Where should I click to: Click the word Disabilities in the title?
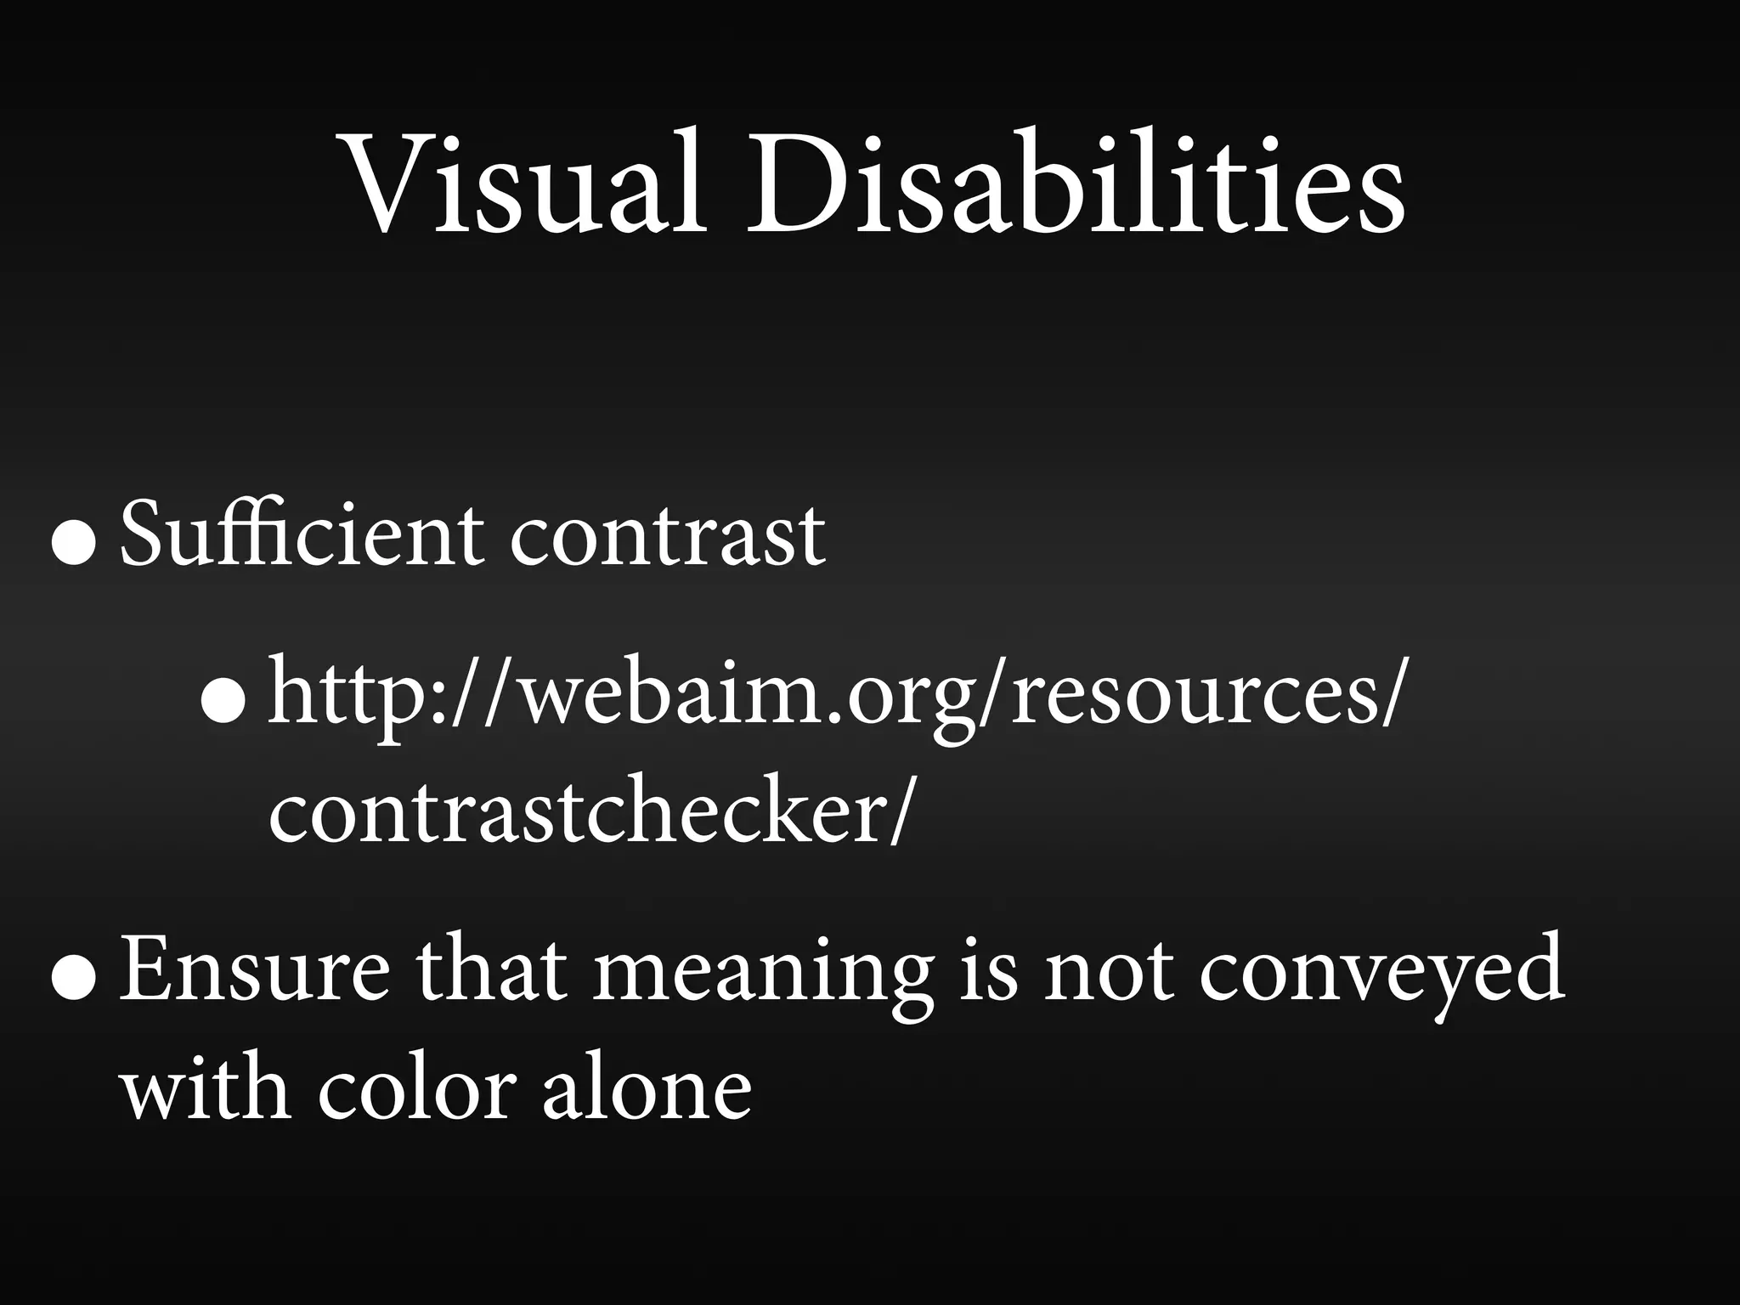pyautogui.click(x=1075, y=182)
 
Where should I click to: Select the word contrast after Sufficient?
pyautogui.click(x=667, y=535)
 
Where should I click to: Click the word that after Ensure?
pyautogui.click(x=491, y=969)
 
